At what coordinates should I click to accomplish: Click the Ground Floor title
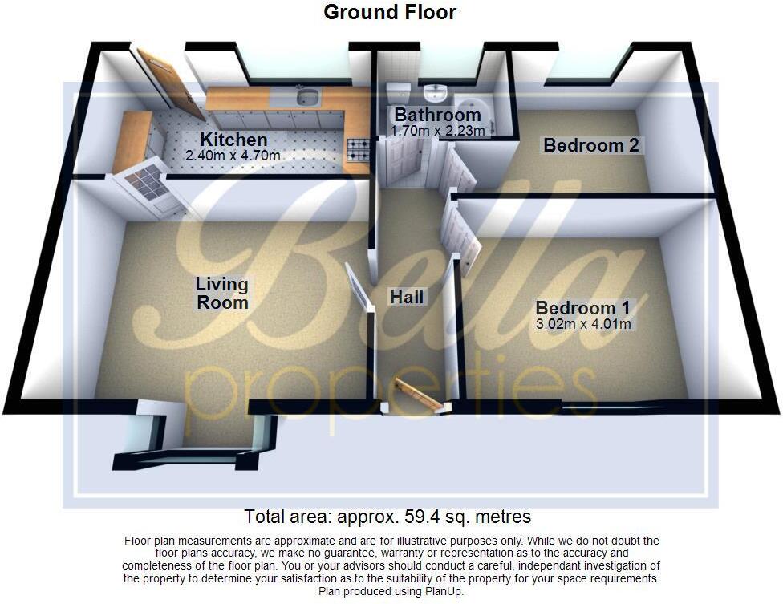(390, 12)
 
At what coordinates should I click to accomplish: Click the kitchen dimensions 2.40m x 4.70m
(233, 156)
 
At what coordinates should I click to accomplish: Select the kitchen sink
(306, 99)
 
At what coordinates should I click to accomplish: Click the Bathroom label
(437, 116)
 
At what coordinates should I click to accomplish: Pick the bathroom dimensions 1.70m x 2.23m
(437, 130)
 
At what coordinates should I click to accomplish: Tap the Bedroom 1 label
(582, 309)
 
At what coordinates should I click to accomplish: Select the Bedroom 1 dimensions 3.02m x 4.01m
(582, 324)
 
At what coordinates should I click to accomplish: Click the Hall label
(407, 297)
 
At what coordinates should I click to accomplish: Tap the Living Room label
(222, 293)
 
